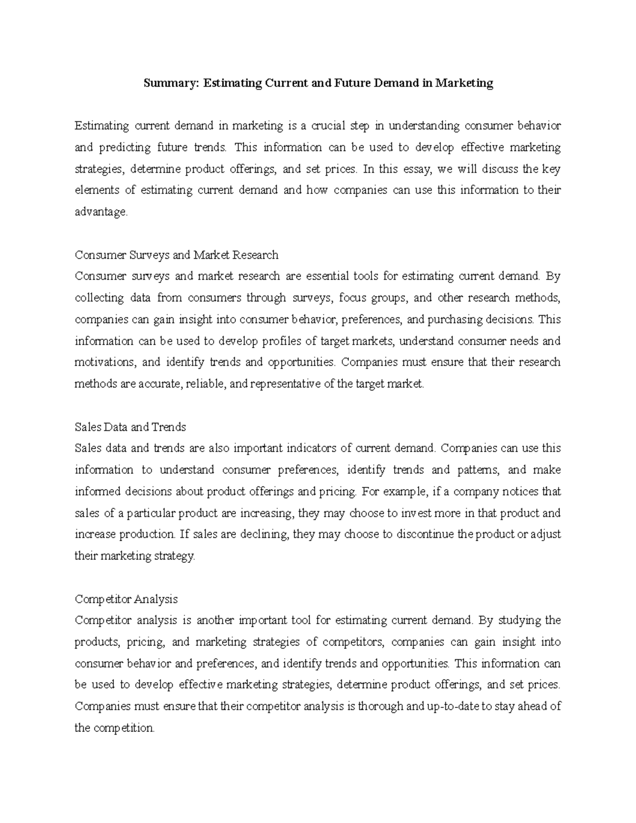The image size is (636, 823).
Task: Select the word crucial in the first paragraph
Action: (328, 126)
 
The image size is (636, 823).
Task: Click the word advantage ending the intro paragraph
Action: (101, 212)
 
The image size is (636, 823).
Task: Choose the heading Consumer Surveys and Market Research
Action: (176, 255)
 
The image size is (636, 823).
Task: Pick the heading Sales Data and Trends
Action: (130, 427)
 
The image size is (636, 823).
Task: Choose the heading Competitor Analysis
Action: (126, 599)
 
